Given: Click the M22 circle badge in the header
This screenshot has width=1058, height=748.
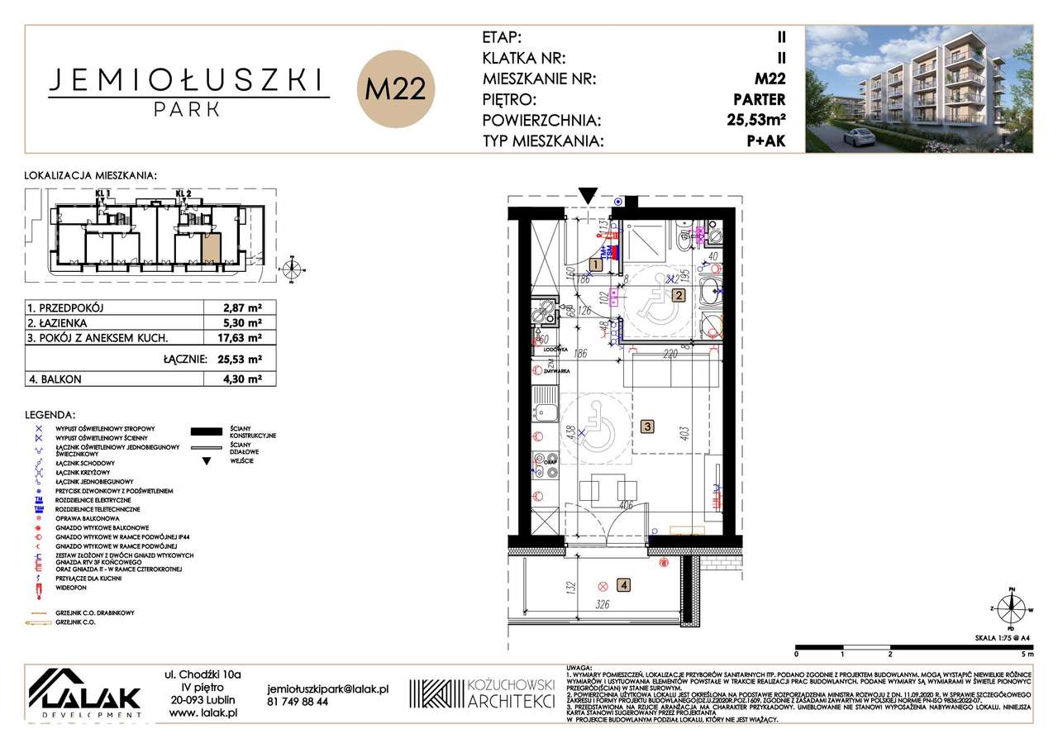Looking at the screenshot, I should (x=395, y=89).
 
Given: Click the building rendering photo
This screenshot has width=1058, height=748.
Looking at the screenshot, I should (x=918, y=89).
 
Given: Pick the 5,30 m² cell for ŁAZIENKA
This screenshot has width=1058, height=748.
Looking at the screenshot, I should (x=245, y=323).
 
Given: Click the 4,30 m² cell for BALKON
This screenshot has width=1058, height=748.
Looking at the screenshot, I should (x=245, y=379).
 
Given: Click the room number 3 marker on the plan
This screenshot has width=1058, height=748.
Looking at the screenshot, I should (x=648, y=426).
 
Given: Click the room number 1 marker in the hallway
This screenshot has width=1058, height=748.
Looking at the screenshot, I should (x=595, y=265).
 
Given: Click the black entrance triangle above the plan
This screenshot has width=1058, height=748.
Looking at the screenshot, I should (x=588, y=196).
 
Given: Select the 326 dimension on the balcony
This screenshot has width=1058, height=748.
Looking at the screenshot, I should (x=603, y=605).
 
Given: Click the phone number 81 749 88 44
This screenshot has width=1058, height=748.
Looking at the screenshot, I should (x=298, y=702).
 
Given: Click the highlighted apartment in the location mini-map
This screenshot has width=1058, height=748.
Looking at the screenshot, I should (x=212, y=247).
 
